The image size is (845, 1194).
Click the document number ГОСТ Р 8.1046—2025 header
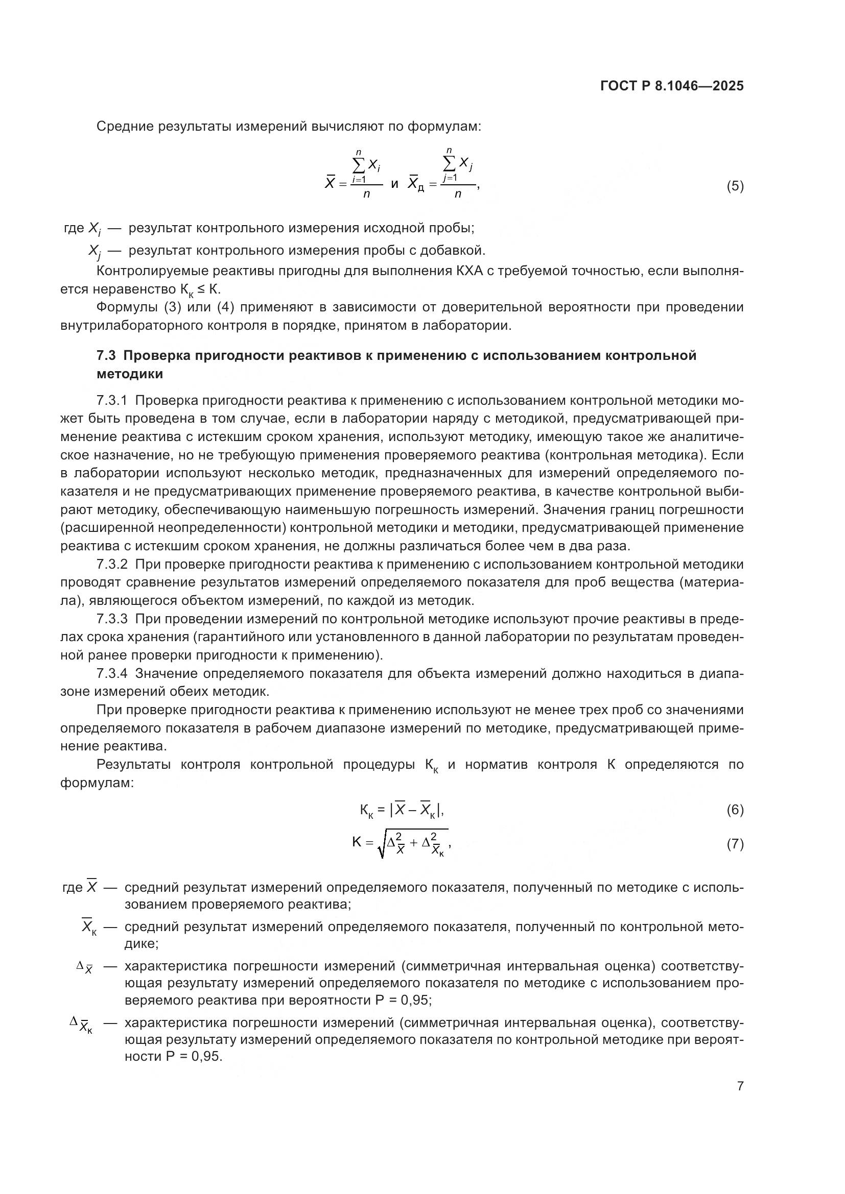click(x=672, y=86)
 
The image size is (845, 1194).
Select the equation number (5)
click(x=735, y=186)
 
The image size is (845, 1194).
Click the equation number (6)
click(x=735, y=810)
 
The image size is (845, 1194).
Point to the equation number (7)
click(x=735, y=844)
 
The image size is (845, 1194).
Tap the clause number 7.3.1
click(x=112, y=400)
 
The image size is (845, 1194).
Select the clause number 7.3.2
click(x=112, y=564)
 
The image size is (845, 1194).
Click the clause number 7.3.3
click(x=112, y=619)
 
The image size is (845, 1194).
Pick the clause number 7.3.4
click(x=112, y=673)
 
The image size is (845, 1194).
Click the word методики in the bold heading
click(x=130, y=374)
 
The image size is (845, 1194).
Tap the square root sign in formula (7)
click(x=383, y=845)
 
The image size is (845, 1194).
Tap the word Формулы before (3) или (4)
click(x=127, y=307)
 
